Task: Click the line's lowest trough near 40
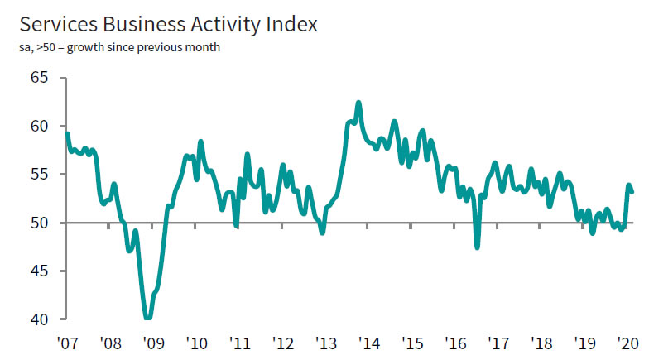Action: (147, 317)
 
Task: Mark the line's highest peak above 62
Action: (358, 103)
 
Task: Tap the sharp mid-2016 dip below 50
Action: (477, 246)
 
